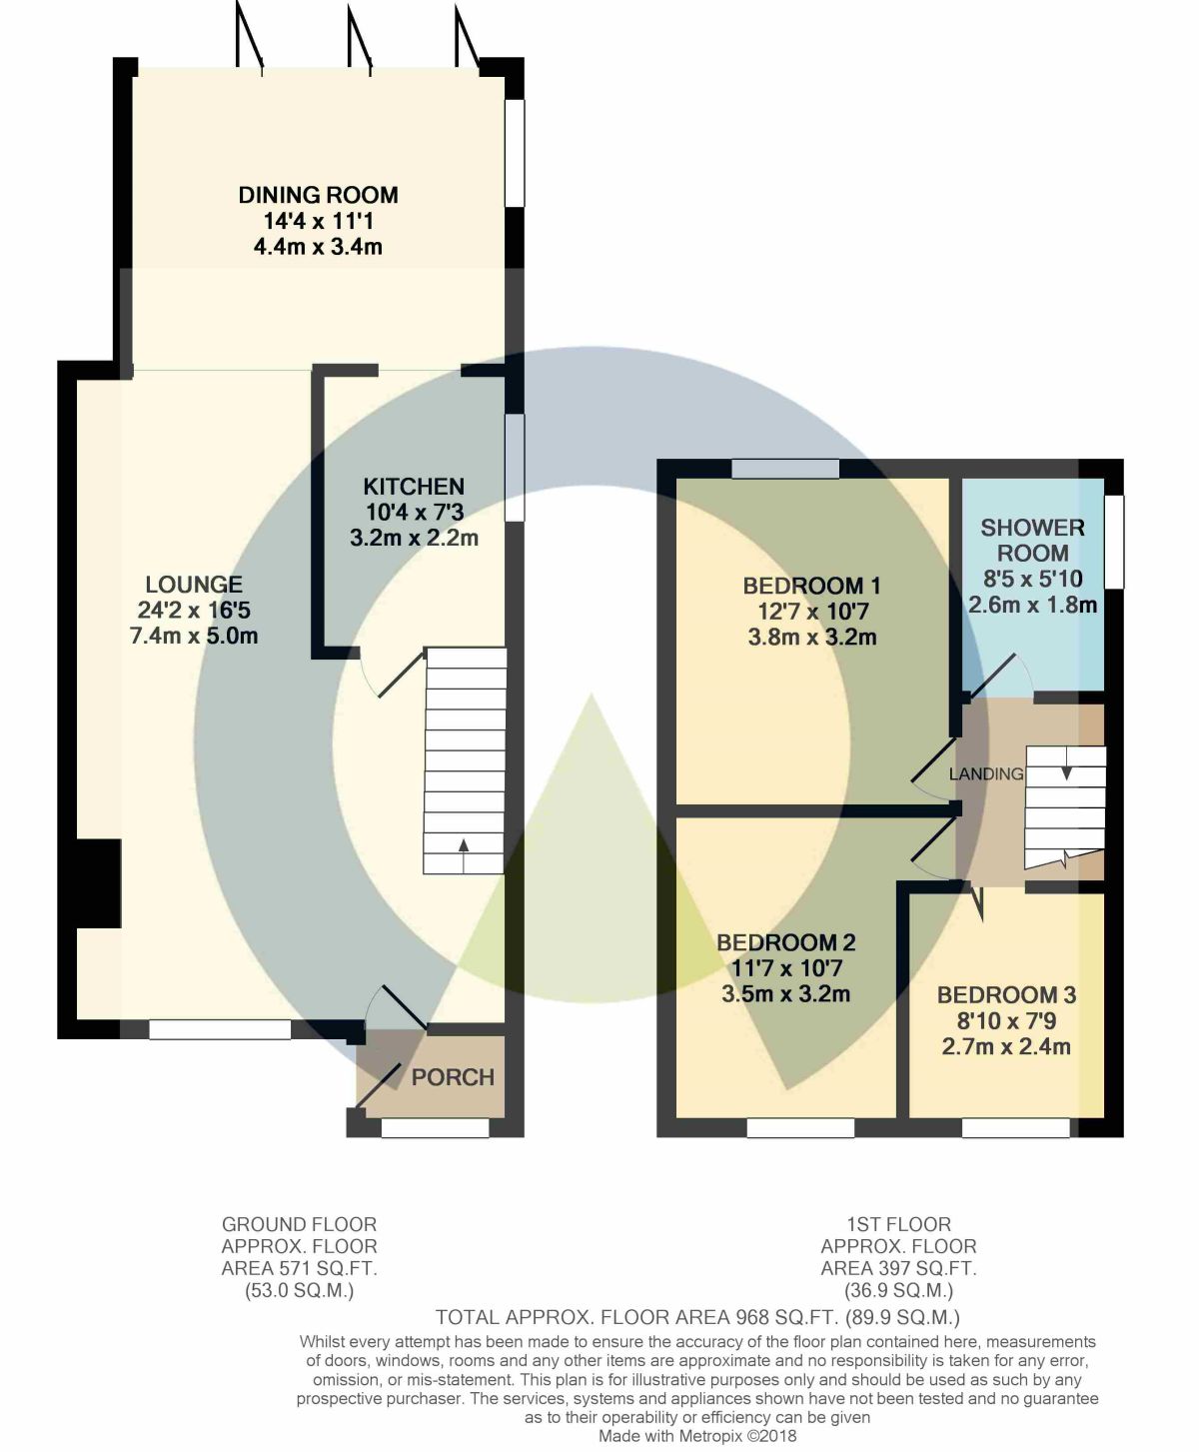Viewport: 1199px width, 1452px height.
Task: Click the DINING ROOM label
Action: [318, 195]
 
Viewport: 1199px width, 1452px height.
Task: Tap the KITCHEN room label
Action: [414, 486]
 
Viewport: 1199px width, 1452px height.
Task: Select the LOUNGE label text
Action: [194, 585]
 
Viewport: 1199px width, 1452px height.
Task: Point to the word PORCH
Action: [453, 1077]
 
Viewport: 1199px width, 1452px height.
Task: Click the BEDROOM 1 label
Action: [811, 586]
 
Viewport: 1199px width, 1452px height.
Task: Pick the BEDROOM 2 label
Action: [786, 942]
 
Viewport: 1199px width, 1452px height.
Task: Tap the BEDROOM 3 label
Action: [1006, 995]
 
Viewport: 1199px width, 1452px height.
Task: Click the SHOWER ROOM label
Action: [1033, 541]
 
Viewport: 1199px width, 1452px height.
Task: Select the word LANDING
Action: [986, 773]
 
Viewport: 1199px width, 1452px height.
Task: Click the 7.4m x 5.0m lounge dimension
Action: [194, 636]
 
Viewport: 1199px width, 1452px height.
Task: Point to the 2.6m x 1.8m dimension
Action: [1033, 605]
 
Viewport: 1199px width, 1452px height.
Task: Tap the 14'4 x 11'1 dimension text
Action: [318, 221]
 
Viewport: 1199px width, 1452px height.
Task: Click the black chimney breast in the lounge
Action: [98, 883]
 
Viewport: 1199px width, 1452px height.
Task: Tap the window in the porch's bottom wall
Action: [436, 1128]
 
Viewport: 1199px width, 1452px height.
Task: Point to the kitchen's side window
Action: [515, 468]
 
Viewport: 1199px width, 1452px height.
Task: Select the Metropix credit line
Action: [697, 1435]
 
